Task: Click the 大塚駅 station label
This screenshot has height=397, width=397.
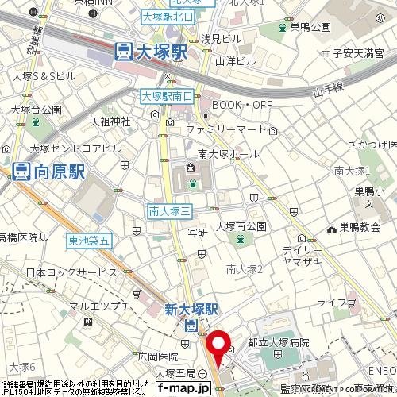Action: tap(160, 52)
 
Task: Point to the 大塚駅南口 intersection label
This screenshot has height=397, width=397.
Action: tap(167, 96)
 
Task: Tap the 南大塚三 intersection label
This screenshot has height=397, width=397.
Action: tap(168, 210)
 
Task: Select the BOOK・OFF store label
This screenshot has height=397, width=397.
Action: tap(241, 103)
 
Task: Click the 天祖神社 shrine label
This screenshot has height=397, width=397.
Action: tap(110, 121)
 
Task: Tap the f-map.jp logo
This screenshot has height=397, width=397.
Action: tap(183, 388)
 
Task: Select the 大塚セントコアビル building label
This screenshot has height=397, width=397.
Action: tap(76, 148)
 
